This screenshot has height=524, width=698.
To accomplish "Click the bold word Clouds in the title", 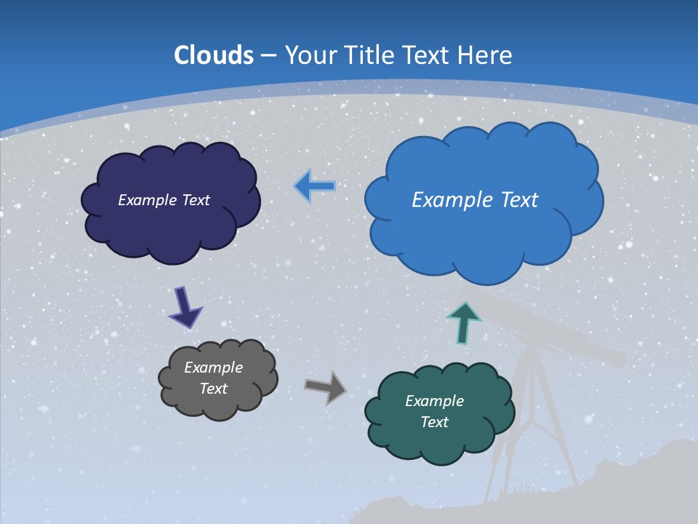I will (x=214, y=55).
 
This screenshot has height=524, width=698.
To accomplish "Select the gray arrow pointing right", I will (x=325, y=387).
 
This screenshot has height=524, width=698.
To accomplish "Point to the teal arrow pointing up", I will (x=463, y=322).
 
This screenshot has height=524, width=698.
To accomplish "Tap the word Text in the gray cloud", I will (x=214, y=389).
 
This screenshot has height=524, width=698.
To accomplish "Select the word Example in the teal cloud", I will (x=434, y=401).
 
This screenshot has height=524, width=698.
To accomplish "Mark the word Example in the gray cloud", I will (x=214, y=368).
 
